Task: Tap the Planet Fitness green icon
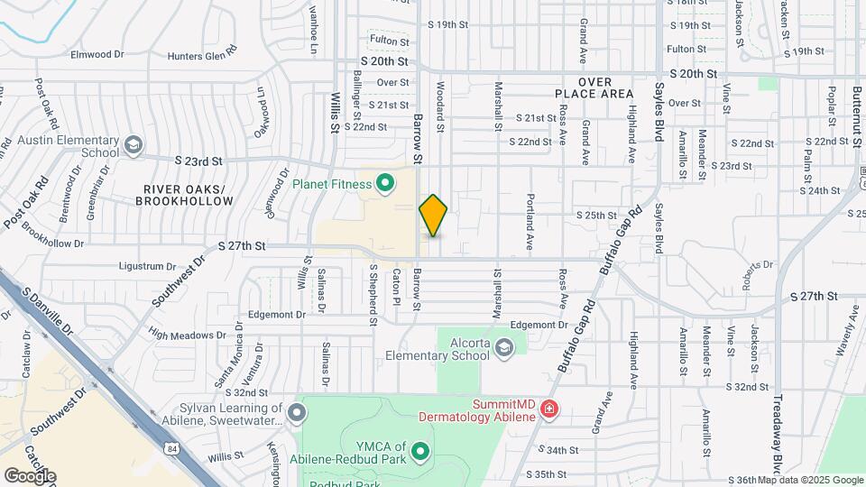coord(385,184)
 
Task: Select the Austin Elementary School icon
coord(134,145)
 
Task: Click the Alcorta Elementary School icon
coord(503,348)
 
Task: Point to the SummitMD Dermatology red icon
coord(548,411)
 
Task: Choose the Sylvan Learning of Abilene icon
coord(297,413)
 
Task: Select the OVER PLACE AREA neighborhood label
coord(594,87)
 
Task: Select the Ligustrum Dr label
coord(147,266)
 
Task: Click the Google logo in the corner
coord(30,475)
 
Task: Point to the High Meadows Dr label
coord(188,335)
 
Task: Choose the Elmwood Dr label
coord(97,54)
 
